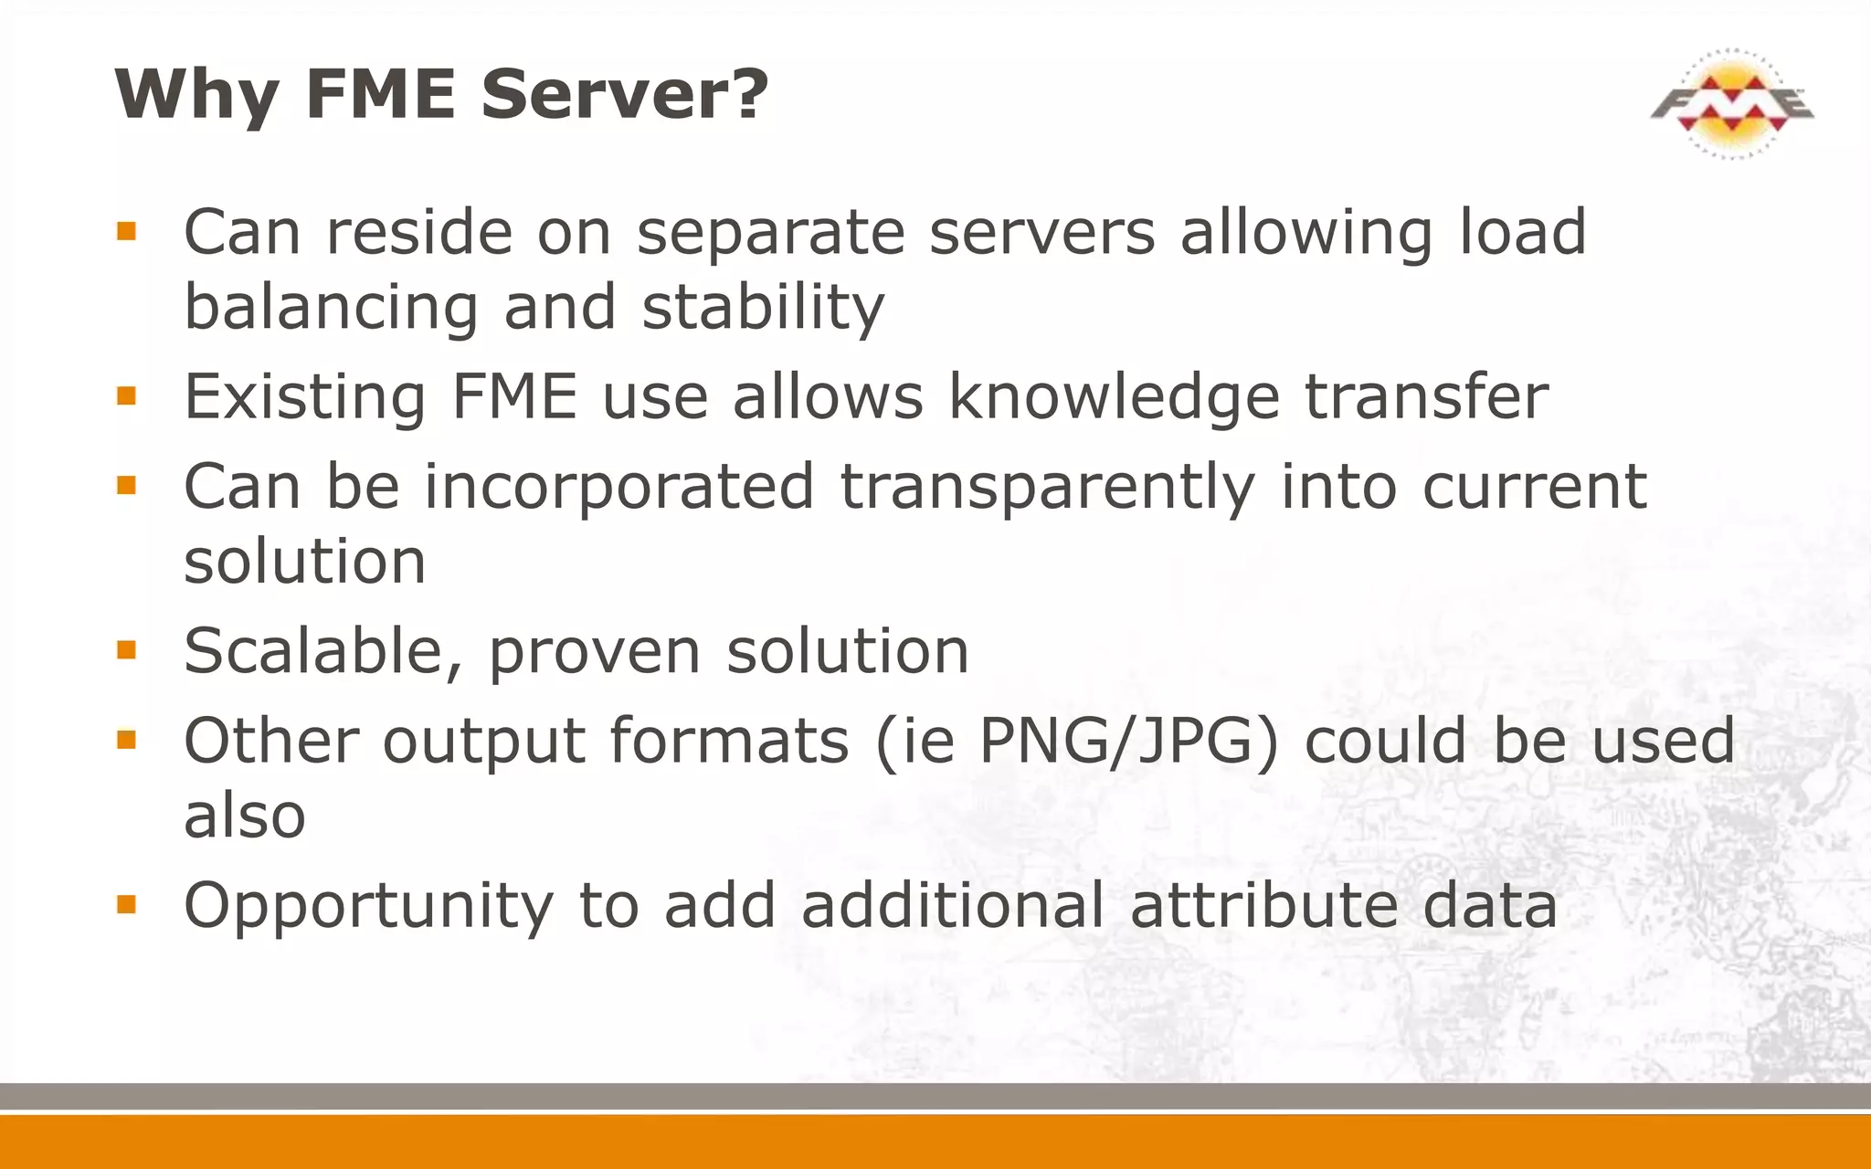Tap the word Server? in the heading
(625, 94)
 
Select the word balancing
(331, 307)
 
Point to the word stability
(763, 307)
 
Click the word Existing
(305, 397)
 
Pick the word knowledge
(1114, 397)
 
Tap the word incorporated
(618, 487)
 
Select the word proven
(595, 653)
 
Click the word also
(244, 816)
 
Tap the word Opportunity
(368, 906)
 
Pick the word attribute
(1263, 905)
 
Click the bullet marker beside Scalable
(126, 650)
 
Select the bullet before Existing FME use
(126, 396)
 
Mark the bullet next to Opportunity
(126, 905)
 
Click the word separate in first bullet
(771, 233)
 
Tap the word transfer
(1426, 397)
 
